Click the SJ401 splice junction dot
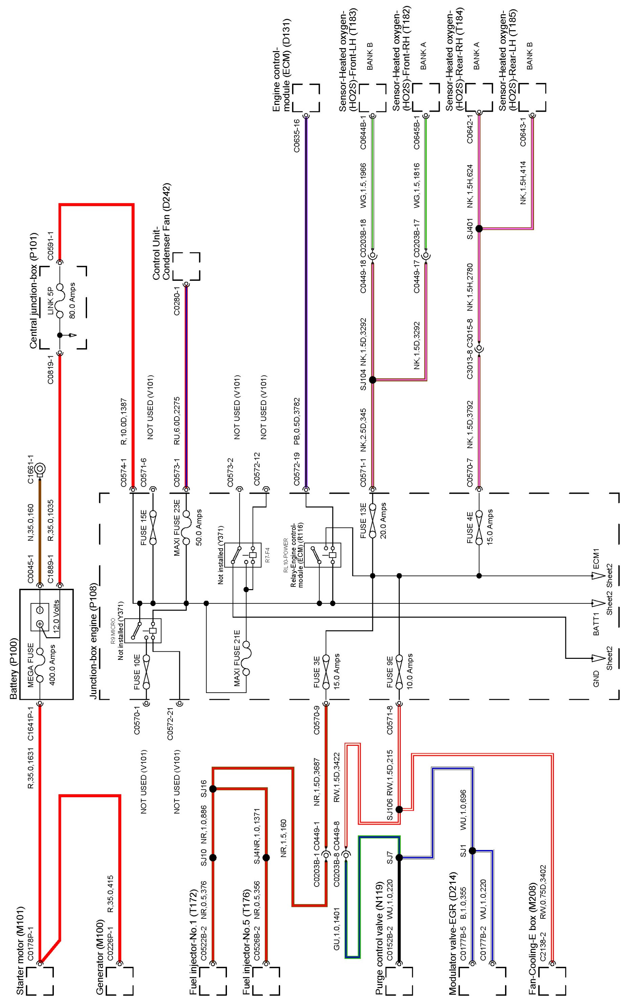click(479, 228)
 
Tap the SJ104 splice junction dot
click(372, 380)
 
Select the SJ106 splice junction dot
click(399, 809)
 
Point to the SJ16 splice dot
click(213, 789)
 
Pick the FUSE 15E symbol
click(153, 527)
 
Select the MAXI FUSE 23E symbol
click(186, 527)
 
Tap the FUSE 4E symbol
click(479, 527)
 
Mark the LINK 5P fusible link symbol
click(60, 301)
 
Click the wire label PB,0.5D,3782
click(296, 421)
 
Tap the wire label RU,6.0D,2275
click(177, 421)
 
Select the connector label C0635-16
click(296, 136)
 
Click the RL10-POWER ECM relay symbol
click(326, 555)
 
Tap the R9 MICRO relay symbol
click(143, 630)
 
